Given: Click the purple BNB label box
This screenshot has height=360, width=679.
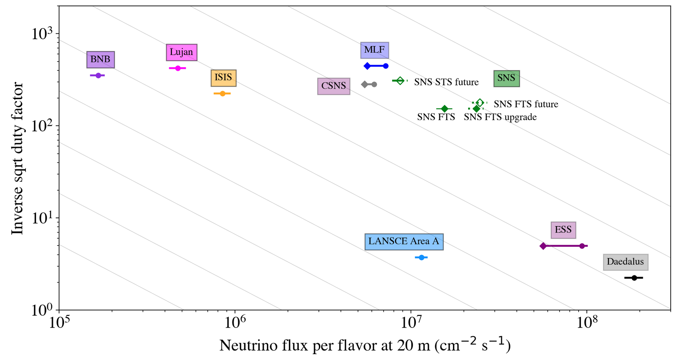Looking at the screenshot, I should [100, 60].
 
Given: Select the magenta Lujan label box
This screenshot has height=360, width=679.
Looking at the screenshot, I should [182, 52].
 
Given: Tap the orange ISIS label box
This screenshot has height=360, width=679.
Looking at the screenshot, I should [224, 78].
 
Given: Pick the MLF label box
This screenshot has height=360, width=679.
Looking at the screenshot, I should [375, 50].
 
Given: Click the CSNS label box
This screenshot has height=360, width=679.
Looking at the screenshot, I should [334, 86].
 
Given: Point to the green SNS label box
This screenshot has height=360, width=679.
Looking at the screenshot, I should [506, 78].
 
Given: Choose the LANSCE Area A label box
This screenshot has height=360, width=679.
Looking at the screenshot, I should [404, 242].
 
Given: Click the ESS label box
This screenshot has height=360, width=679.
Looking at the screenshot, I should [563, 230].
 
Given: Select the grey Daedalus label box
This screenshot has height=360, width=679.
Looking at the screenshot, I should [625, 262].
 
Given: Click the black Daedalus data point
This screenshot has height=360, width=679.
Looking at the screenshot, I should [634, 278].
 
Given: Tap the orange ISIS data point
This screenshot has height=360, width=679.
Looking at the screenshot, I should [223, 94].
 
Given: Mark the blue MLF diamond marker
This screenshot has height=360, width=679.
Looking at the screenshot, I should [367, 66].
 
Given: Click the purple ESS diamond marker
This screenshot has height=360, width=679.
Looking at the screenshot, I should [543, 246].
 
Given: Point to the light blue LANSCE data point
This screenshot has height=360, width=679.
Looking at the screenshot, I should [421, 257].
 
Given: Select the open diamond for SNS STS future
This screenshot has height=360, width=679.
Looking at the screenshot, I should [399, 81].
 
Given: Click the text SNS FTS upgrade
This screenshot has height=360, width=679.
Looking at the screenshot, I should [500, 117].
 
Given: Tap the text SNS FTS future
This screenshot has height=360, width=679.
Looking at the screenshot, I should [526, 104].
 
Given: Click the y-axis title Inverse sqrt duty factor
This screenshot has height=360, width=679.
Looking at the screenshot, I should [17, 158].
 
